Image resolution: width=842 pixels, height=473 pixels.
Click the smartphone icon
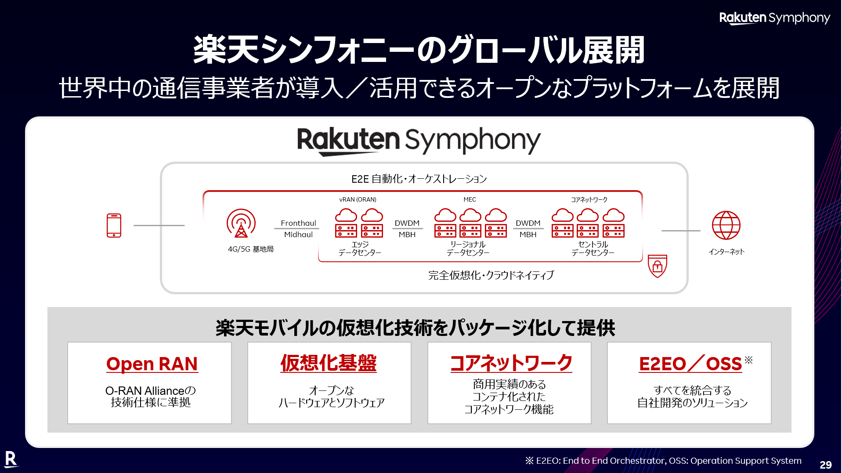[x=114, y=225]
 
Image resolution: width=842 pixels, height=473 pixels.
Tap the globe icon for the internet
[x=726, y=225]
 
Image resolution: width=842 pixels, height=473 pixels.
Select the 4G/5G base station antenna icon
[x=241, y=223]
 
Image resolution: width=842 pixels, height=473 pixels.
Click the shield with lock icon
[x=658, y=266]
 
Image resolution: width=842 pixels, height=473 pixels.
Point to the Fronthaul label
[x=298, y=223]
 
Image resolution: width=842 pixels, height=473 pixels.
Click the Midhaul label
[x=298, y=235]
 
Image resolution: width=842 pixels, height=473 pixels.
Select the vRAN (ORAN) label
[x=358, y=199]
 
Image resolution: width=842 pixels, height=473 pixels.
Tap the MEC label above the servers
[x=470, y=199]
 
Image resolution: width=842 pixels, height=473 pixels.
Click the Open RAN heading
[x=152, y=364]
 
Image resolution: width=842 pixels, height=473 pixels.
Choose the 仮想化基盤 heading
[x=329, y=363]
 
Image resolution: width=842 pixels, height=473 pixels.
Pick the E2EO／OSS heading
[x=690, y=364]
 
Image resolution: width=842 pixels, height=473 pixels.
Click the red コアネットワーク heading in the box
[x=511, y=363]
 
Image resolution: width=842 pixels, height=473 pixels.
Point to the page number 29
[x=825, y=465]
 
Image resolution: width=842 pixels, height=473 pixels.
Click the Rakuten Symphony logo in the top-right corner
[x=775, y=18]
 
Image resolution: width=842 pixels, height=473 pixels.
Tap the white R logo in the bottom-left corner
[x=11, y=459]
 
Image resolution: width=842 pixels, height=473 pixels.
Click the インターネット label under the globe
[x=726, y=252]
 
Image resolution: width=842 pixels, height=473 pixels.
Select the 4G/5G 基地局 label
[x=250, y=249]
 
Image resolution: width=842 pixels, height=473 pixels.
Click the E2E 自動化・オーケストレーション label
[x=419, y=179]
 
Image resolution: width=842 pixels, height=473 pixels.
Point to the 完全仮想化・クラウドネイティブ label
[x=491, y=275]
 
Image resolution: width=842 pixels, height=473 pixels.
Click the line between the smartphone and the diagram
[x=159, y=225]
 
